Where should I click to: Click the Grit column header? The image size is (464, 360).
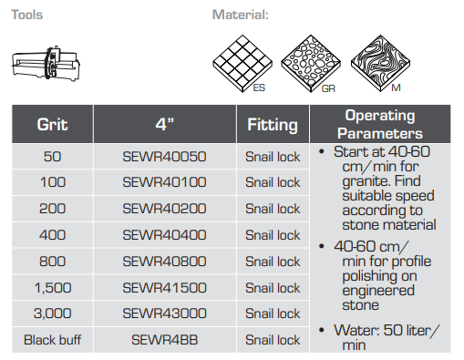pyautogui.click(x=52, y=124)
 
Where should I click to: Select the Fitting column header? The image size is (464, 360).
pyautogui.click(x=273, y=124)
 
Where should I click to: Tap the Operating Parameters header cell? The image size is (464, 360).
pyautogui.click(x=380, y=124)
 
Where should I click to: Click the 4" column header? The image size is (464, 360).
pyautogui.click(x=165, y=124)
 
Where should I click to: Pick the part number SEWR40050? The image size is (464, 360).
pyautogui.click(x=164, y=157)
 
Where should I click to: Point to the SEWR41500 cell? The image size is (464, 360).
pyautogui.click(x=164, y=288)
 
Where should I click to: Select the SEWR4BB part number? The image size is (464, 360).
pyautogui.click(x=164, y=340)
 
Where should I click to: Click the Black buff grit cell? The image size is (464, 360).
pyautogui.click(x=52, y=340)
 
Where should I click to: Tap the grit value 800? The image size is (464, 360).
pyautogui.click(x=52, y=262)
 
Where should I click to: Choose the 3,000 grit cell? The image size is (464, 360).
pyautogui.click(x=52, y=314)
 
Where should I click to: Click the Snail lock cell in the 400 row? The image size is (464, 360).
pyautogui.click(x=273, y=235)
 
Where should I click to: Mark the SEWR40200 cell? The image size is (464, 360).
pyautogui.click(x=164, y=209)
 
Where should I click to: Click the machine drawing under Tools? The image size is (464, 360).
pyautogui.click(x=46, y=64)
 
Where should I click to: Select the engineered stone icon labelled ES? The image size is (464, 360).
pyautogui.click(x=242, y=64)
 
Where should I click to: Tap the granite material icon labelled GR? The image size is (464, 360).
pyautogui.click(x=311, y=64)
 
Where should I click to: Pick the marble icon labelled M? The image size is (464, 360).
pyautogui.click(x=380, y=64)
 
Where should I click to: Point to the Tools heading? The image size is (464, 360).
pyautogui.click(x=27, y=15)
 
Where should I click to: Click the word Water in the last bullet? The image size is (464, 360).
pyautogui.click(x=356, y=330)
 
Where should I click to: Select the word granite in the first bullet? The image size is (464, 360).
pyautogui.click(x=361, y=181)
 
